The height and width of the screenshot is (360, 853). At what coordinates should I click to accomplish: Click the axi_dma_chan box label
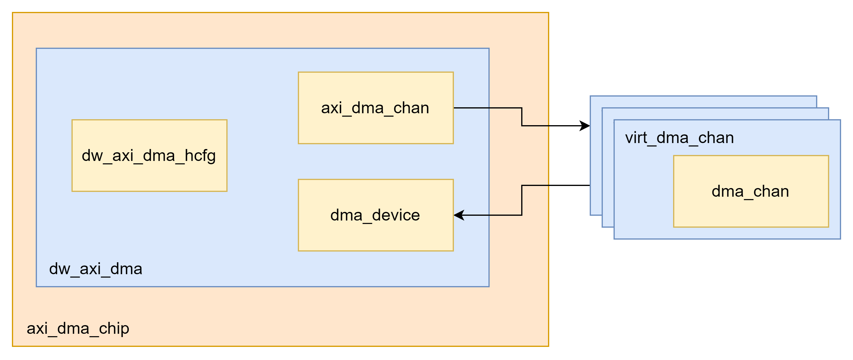[375, 108]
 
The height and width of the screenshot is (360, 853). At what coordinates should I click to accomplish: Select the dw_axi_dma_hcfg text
[149, 156]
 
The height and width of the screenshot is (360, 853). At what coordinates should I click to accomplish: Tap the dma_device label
[375, 215]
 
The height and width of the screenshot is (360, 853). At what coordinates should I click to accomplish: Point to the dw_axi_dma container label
[95, 269]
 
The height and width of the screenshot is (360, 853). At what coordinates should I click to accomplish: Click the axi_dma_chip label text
[78, 328]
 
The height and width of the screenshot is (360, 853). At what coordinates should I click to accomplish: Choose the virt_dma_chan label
[679, 137]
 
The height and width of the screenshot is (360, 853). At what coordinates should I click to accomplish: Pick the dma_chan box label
[750, 191]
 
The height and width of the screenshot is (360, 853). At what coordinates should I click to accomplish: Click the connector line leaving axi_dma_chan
[487, 108]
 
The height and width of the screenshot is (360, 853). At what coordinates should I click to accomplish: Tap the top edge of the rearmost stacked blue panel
[702, 96]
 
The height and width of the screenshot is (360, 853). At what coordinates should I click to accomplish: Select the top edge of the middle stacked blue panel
[715, 108]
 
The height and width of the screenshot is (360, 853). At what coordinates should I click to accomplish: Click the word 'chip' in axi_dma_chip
[114, 328]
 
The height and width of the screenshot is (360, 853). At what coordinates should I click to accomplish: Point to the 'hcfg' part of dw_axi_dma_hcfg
[200, 156]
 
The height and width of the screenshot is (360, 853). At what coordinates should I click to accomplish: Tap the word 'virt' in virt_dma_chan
[636, 137]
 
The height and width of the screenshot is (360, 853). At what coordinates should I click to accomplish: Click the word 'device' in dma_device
[396, 215]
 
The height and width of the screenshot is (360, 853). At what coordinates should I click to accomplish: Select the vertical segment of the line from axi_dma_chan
[522, 117]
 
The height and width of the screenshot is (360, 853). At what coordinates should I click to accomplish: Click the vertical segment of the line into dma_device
[522, 200]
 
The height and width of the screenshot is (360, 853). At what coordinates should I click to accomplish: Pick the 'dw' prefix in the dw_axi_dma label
[60, 269]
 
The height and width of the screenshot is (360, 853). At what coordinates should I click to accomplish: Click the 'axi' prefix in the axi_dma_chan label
[331, 108]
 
